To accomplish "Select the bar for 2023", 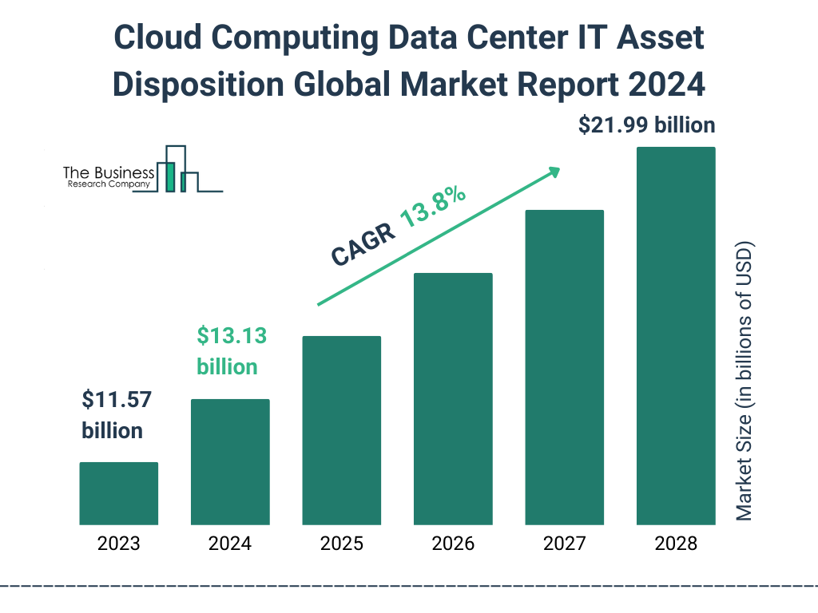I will tap(118, 493).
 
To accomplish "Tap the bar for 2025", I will tap(341, 430).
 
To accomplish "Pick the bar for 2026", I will tap(453, 398).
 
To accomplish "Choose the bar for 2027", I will tap(564, 367).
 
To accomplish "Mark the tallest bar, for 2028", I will tap(676, 335).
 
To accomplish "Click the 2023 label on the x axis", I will tap(118, 544).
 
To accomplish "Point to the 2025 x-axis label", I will tap(341, 544).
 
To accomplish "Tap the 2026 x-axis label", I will tap(453, 544).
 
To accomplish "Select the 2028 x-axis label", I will tap(676, 544).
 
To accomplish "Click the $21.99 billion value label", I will tap(646, 125).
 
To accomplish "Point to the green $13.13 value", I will tap(232, 336).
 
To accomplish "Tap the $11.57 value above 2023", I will tap(117, 400).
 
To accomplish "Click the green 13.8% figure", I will tap(433, 207).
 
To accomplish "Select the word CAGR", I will tap(363, 243).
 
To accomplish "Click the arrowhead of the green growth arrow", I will tap(554, 172).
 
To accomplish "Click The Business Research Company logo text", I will tap(108, 177).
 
